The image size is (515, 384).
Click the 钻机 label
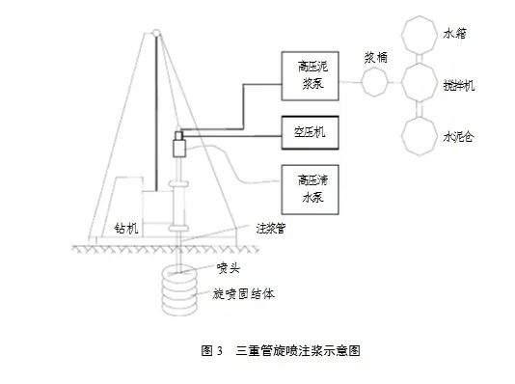point(126,229)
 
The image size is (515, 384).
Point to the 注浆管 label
point(269,230)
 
